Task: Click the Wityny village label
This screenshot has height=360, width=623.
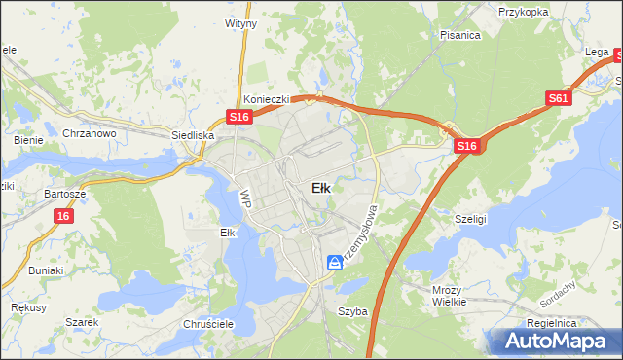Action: (240, 22)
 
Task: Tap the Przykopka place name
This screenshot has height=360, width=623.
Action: (526, 12)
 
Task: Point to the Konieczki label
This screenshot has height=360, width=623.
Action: (264, 99)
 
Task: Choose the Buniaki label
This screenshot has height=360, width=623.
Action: (46, 270)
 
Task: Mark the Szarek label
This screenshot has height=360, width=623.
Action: (83, 322)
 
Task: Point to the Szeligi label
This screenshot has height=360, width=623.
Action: (470, 220)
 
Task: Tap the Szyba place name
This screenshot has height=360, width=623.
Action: (352, 311)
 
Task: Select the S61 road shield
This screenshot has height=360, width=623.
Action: (558, 98)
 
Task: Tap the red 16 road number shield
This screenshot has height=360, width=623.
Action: (63, 216)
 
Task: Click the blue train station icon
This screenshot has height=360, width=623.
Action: (335, 262)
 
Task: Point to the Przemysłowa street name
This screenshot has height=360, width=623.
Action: (360, 234)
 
